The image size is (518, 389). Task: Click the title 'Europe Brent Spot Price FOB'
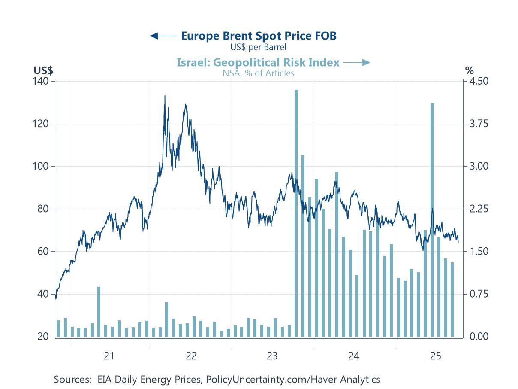(x=259, y=36)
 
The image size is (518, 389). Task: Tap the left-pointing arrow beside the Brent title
(x=163, y=36)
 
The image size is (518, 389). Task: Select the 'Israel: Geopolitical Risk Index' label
(x=258, y=63)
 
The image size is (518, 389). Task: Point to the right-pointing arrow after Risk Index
(x=357, y=63)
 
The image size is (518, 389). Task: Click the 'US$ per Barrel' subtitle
(x=258, y=47)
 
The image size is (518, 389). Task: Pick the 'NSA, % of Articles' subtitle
(x=258, y=73)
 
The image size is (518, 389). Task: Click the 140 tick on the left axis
(x=43, y=81)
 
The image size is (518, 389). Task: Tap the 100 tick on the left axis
(x=43, y=166)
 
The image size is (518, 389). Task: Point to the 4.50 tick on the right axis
(x=476, y=81)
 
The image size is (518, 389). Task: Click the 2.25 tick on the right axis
(x=476, y=209)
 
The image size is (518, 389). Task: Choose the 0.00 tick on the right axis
(x=476, y=337)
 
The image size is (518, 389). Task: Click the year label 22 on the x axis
(x=191, y=356)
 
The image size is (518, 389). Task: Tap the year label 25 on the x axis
(x=435, y=356)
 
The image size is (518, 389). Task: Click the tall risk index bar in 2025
(x=432, y=219)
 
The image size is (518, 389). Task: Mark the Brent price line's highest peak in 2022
(x=165, y=96)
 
